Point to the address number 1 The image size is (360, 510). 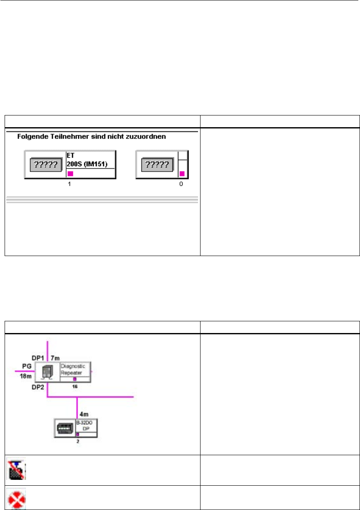69,184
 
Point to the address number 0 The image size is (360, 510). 181,184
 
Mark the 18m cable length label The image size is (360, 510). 27,376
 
